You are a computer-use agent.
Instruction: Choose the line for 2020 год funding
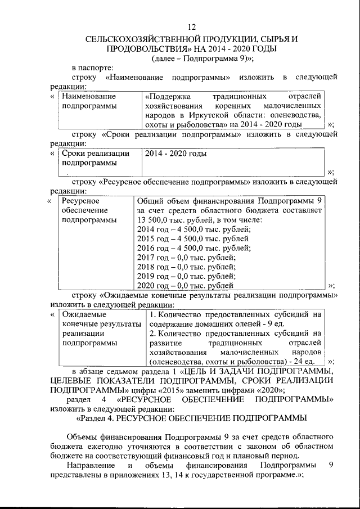coord(186,286)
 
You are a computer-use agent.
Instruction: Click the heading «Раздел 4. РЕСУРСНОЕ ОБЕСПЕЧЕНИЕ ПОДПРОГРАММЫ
coord(191,418)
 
